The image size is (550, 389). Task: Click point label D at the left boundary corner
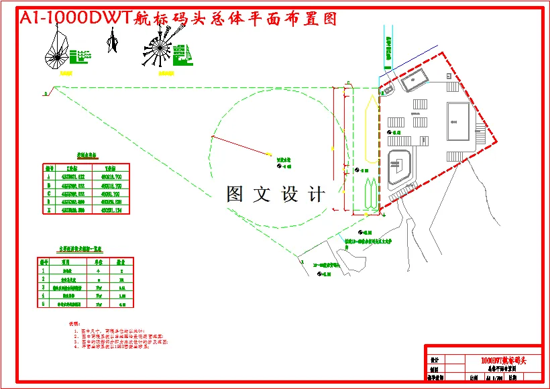[46, 94]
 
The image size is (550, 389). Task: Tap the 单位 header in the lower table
[98, 262]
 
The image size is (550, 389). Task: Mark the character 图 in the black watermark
[235, 194]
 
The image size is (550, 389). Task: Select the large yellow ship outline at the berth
[370, 121]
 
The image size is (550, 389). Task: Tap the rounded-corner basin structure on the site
[402, 167]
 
